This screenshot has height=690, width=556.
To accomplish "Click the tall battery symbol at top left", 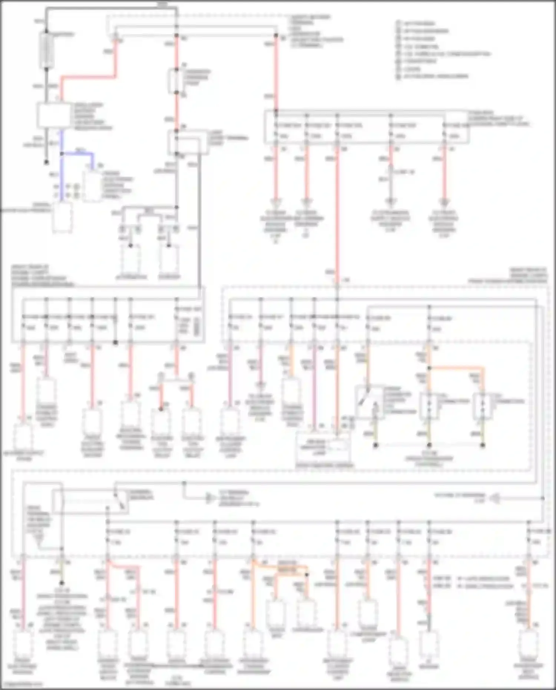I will [x=46, y=50].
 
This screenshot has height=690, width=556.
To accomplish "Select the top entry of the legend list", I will [x=415, y=23].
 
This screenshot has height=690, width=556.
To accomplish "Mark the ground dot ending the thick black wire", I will [x=46, y=162].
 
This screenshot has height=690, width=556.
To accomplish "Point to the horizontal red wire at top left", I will [x=87, y=77].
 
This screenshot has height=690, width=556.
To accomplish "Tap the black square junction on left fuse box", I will [x=115, y=343].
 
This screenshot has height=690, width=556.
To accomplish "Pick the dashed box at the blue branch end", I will [x=92, y=186].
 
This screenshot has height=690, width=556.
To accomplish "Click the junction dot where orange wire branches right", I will [x=429, y=368].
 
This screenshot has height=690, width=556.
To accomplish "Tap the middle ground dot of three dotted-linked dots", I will [x=429, y=445].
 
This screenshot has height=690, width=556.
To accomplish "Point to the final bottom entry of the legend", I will [x=432, y=76].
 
